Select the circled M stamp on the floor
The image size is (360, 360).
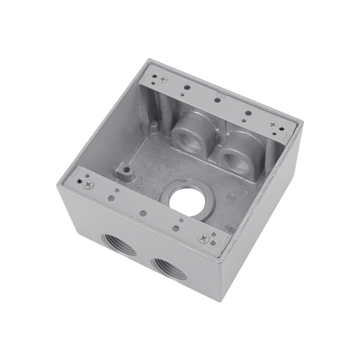229,197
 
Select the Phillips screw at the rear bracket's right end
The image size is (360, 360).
272,124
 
